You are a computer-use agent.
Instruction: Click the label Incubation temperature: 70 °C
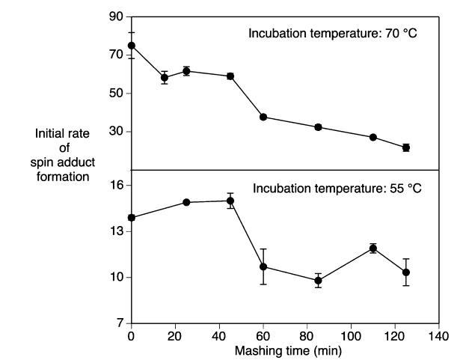click(336, 34)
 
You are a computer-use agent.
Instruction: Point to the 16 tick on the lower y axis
click(116, 185)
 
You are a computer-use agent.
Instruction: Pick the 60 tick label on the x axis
click(263, 337)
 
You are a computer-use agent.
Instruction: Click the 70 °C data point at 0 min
click(132, 45)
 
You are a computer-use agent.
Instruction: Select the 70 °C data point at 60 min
click(263, 117)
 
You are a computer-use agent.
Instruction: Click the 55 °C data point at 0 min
click(132, 218)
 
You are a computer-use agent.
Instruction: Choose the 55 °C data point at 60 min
click(263, 266)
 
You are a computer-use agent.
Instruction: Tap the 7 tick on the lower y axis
click(118, 323)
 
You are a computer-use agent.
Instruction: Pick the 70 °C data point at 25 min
click(186, 71)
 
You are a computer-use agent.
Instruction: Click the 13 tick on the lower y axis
click(116, 231)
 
